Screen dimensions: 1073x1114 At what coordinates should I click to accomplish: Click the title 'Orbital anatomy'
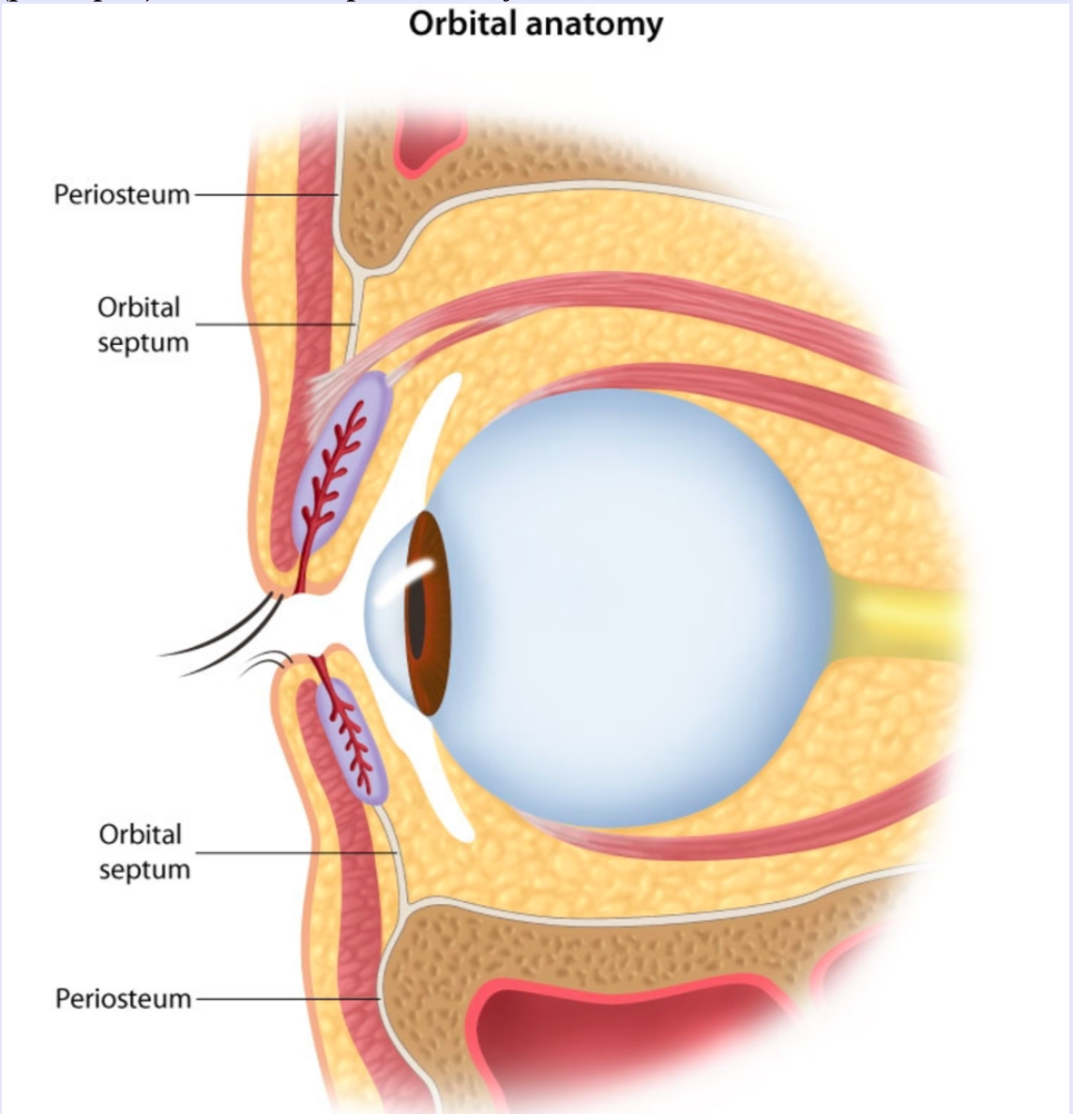pos(536,24)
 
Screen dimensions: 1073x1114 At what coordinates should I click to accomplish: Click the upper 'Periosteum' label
pos(121,195)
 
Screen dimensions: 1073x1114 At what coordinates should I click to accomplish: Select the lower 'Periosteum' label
pos(123,999)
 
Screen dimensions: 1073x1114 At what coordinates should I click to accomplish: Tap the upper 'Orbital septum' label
pos(141,324)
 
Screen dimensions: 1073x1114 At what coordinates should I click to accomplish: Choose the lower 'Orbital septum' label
pos(144,851)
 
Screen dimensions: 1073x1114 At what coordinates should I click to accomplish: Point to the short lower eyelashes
pos(267,662)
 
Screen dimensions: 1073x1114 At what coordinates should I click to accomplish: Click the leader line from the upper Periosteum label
pos(263,195)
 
